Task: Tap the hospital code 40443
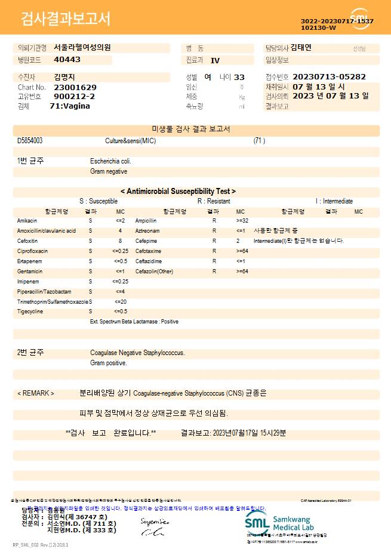coord(67,60)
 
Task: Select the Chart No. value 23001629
coord(75,87)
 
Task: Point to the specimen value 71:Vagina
coord(70,106)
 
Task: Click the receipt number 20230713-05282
coord(329,77)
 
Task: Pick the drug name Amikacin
coord(27,221)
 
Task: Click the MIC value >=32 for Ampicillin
coord(243,221)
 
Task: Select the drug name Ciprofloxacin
coord(33,251)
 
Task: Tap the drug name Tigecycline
coord(30,312)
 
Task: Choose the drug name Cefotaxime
coord(149,251)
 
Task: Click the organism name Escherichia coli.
coord(110,161)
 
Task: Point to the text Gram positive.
coord(109,363)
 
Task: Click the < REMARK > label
coord(36,393)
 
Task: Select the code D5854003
coord(30,141)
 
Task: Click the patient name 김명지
coord(64,77)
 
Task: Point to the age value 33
coord(239,77)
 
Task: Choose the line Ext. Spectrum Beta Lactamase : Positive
coord(134,322)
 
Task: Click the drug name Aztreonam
coord(147,231)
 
